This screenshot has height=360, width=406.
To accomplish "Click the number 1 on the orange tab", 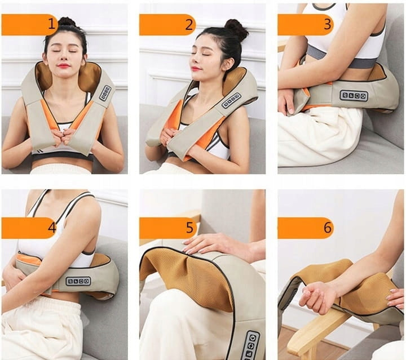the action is pyautogui.click(x=52, y=24).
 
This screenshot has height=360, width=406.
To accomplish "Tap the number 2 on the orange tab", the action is pyautogui.click(x=189, y=25).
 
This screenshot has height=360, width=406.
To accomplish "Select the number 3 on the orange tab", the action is pyautogui.click(x=327, y=24).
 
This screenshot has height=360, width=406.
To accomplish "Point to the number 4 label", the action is pyautogui.click(x=52, y=228).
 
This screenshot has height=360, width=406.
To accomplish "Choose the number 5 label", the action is pyautogui.click(x=189, y=228).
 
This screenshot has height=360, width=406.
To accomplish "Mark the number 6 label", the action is pyautogui.click(x=328, y=228).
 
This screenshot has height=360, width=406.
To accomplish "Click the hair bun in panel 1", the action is pyautogui.click(x=67, y=22).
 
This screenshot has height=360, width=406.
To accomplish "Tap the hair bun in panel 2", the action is pyautogui.click(x=236, y=29).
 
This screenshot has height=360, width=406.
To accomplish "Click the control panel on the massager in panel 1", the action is pyautogui.click(x=105, y=93).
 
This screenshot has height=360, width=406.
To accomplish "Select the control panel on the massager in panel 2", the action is pyautogui.click(x=231, y=101).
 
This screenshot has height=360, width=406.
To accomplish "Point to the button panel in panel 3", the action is pyautogui.click(x=354, y=96).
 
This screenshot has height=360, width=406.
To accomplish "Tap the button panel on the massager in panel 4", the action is pyautogui.click(x=78, y=281).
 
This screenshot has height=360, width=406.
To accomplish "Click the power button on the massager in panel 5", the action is pyautogui.click(x=253, y=338).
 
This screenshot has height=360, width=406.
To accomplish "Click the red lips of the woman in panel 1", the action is pyautogui.click(x=64, y=65).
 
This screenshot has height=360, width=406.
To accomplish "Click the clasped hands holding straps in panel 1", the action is pyautogui.click(x=64, y=136).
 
